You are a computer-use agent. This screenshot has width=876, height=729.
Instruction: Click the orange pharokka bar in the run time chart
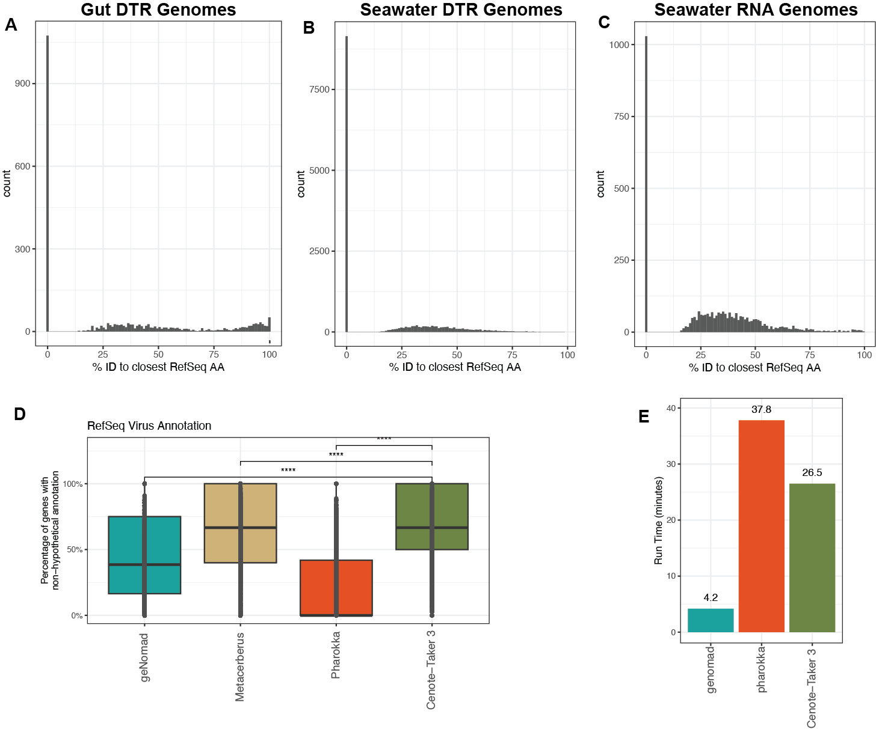click(x=761, y=526)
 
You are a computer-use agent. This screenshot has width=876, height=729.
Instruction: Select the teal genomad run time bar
click(x=711, y=620)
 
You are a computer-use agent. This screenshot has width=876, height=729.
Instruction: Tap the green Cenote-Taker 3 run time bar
click(x=812, y=558)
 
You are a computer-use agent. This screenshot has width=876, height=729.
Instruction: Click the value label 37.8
click(x=761, y=410)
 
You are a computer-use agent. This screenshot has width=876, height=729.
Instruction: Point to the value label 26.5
click(x=812, y=473)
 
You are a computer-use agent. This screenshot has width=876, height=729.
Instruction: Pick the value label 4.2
click(x=711, y=598)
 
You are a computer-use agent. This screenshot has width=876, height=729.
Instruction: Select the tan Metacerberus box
click(x=223, y=523)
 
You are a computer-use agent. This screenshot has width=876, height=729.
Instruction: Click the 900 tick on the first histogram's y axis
click(x=23, y=84)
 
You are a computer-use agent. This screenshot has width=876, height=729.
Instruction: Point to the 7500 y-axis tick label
click(x=319, y=90)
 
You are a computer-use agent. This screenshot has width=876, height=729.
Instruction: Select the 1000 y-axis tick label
click(x=619, y=45)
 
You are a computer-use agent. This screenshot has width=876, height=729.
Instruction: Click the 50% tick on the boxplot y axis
click(x=75, y=550)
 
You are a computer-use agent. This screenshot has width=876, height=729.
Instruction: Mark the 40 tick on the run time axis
click(x=671, y=408)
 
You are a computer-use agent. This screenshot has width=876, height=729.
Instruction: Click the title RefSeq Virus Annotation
click(x=149, y=426)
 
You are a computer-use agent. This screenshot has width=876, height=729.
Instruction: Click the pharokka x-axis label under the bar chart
click(x=762, y=670)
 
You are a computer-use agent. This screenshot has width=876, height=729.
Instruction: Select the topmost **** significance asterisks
click(x=384, y=439)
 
